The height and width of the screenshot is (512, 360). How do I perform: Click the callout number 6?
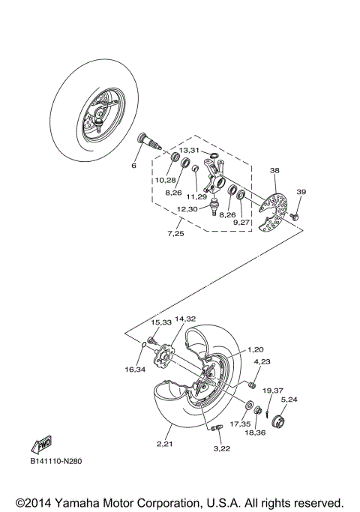133,166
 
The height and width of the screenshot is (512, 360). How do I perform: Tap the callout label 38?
274,171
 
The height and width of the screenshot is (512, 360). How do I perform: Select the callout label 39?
301,192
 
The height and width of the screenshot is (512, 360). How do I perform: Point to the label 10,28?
166,181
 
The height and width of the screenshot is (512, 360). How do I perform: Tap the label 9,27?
241,222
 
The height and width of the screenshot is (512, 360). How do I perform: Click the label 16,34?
135,370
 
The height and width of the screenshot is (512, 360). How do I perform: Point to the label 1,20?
257,350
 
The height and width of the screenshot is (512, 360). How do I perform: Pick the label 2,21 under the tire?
166,445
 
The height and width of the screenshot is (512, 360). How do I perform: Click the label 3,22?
221,448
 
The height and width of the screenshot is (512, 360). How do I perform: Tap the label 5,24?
289,400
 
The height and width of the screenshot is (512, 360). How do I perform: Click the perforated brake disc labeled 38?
273,205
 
